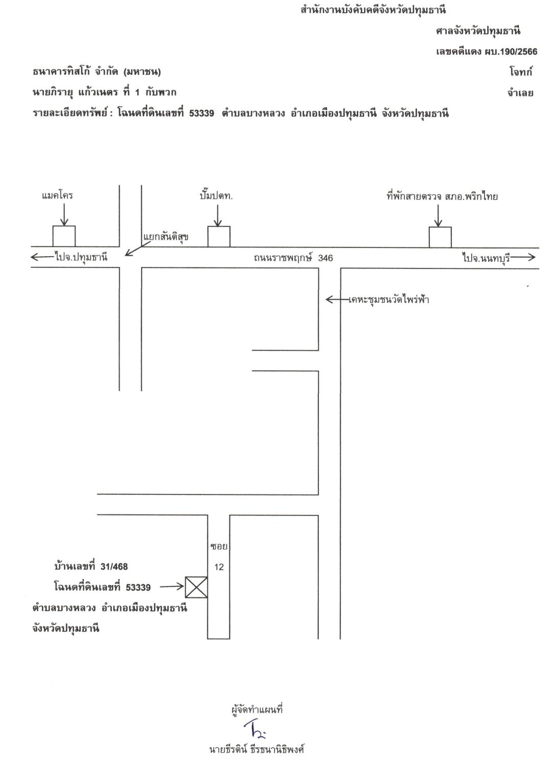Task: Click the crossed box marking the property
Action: pyautogui.click(x=196, y=587)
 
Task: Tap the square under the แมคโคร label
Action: pyautogui.click(x=64, y=236)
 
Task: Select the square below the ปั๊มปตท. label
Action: pyautogui.click(x=219, y=236)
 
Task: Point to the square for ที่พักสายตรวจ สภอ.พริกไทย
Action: pyautogui.click(x=440, y=237)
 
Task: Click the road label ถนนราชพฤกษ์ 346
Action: pyautogui.click(x=293, y=258)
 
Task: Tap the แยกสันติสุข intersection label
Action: pyautogui.click(x=166, y=236)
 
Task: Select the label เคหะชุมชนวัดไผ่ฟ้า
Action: pyautogui.click(x=388, y=300)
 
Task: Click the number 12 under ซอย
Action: pyautogui.click(x=219, y=567)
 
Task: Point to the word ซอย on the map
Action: pyautogui.click(x=219, y=546)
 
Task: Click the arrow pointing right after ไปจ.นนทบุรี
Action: pyautogui.click(x=523, y=257)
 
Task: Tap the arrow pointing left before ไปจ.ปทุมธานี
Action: pyautogui.click(x=43, y=257)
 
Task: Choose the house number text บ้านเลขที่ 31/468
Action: pyautogui.click(x=91, y=567)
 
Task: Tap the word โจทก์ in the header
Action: pyautogui.click(x=521, y=72)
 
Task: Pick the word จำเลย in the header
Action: pyautogui.click(x=520, y=93)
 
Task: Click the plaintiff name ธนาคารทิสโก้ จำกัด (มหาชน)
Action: pyautogui.click(x=97, y=72)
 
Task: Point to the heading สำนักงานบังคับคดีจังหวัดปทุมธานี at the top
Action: pyautogui.click(x=373, y=10)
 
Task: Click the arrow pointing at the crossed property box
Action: pyautogui.click(x=172, y=587)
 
